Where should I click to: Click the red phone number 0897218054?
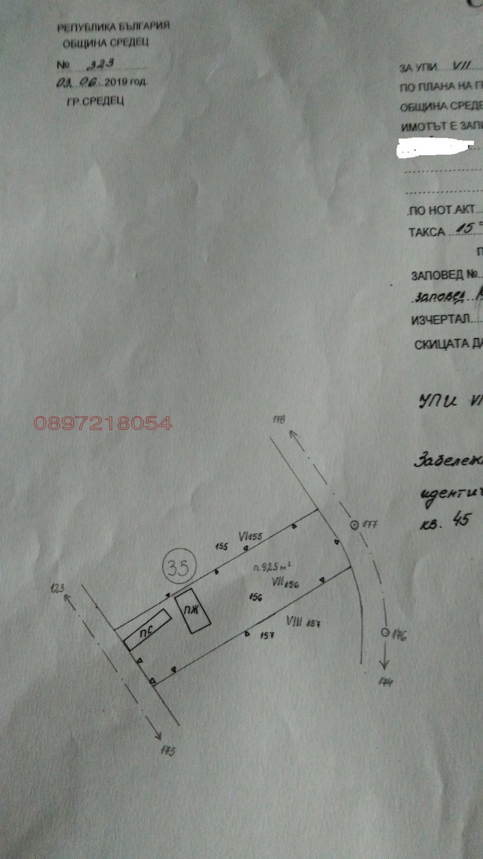point(103,423)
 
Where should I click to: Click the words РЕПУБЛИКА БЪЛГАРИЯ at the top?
point(113,27)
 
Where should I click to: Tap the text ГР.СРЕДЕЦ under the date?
point(95,101)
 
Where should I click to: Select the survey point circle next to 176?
point(384,632)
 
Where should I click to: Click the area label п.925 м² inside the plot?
point(274,567)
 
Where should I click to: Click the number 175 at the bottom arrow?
point(168,751)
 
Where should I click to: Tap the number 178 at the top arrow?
point(278,419)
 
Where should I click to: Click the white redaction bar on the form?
point(434,147)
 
